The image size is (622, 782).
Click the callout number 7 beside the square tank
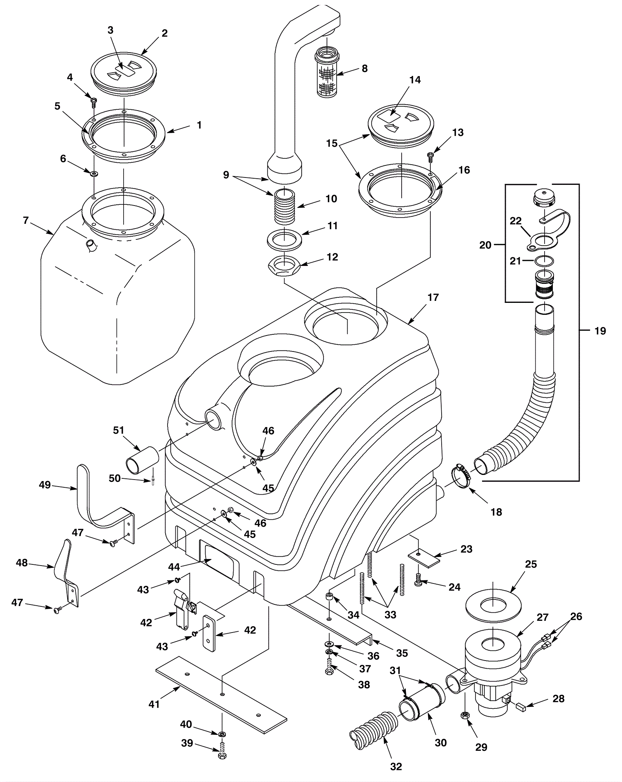pos(26,221)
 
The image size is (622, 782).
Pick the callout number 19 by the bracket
pos(600,331)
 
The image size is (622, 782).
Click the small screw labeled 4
pos(93,102)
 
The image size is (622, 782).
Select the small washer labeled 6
pos(94,173)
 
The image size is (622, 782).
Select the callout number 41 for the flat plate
pos(154,704)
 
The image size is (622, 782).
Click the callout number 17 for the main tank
pos(433,297)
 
